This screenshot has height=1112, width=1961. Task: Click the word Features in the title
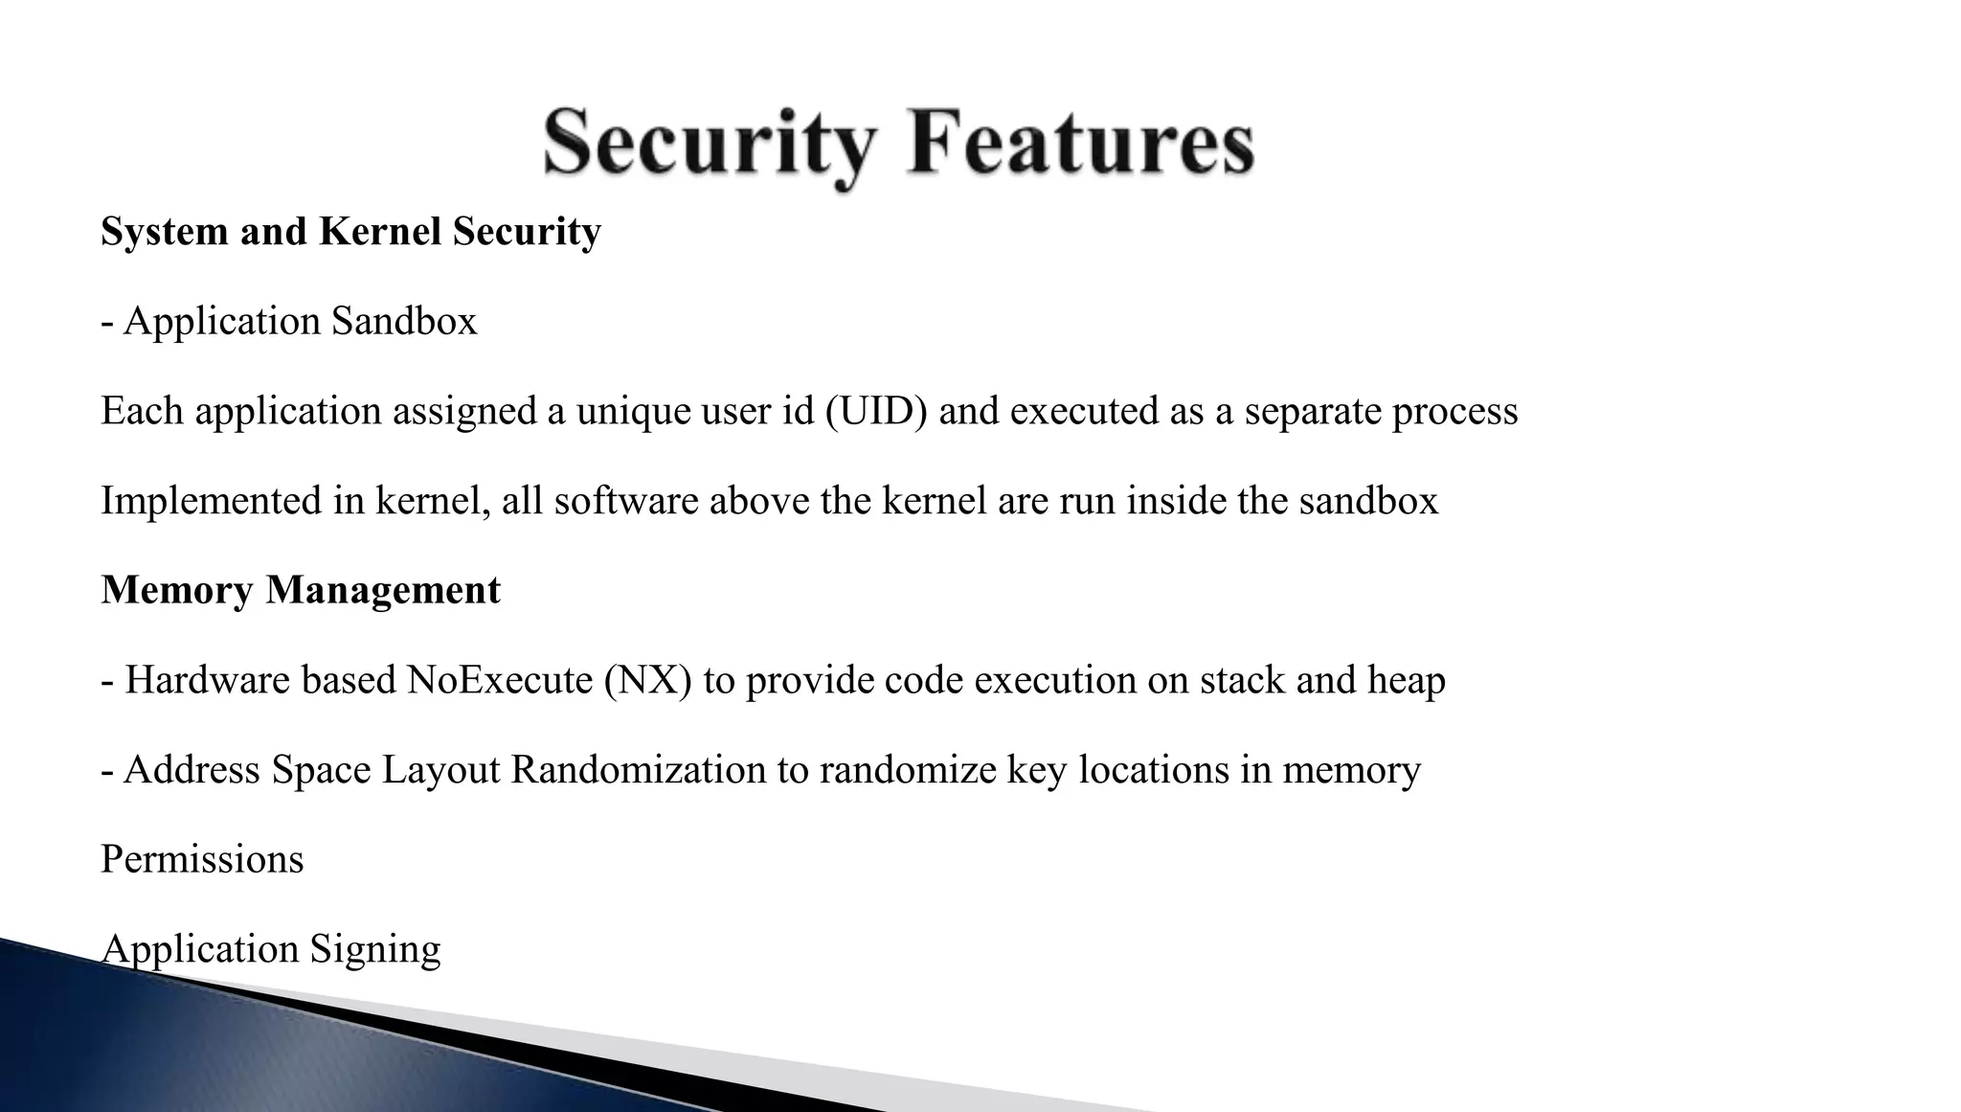[x=1080, y=143]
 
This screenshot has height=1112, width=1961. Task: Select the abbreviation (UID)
[x=876, y=412]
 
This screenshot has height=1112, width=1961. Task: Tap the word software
[x=626, y=501]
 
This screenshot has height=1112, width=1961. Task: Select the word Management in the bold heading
[x=383, y=590]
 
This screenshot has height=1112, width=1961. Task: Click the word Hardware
[x=207, y=680]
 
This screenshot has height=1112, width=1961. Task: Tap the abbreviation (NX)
[x=647, y=680]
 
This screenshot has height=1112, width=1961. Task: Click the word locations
[x=1153, y=770]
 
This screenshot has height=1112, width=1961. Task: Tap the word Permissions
[x=202, y=859]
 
